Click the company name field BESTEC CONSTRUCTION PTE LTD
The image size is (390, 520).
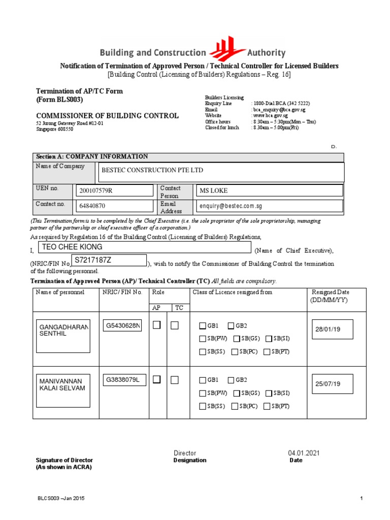point(220,172)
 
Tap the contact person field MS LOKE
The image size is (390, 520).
point(269,190)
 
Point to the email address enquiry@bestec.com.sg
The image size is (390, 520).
point(269,206)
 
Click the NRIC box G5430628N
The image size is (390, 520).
point(123,326)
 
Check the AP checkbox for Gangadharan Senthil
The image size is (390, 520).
point(157,325)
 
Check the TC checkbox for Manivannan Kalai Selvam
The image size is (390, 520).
point(175,379)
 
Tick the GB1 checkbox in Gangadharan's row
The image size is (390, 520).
point(203,326)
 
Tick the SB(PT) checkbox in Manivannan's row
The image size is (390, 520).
point(267,406)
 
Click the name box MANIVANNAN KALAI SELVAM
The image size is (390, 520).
point(62,387)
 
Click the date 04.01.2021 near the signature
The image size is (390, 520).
point(304,453)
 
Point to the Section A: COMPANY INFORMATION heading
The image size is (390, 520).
point(92,157)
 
